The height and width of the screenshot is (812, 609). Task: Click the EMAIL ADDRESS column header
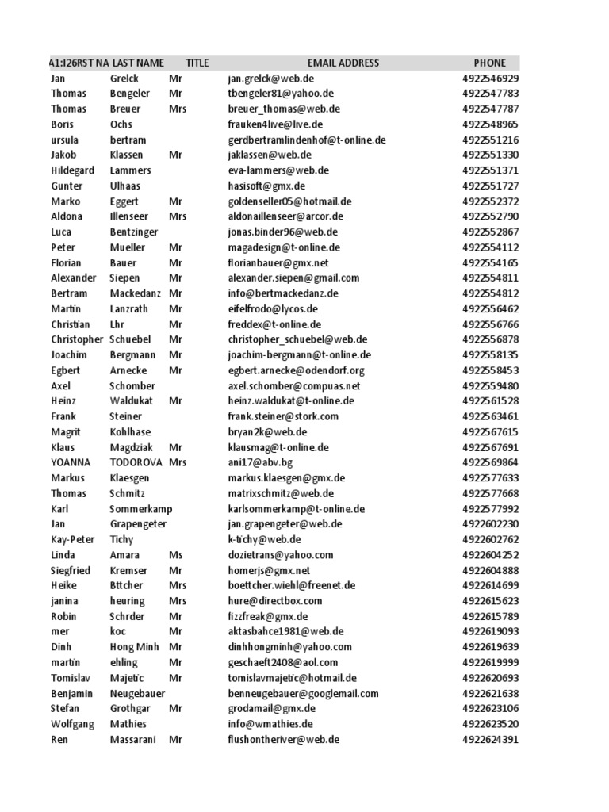[343, 63]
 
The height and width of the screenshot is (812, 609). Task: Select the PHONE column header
[489, 63]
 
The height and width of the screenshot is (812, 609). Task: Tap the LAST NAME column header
[138, 63]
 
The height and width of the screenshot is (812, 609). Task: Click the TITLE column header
[197, 63]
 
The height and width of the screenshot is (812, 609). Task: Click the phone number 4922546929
[490, 79]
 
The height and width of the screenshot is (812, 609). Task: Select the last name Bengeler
[130, 94]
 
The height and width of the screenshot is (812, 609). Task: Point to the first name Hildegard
[72, 170]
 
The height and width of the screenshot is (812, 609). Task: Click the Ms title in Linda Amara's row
[175, 555]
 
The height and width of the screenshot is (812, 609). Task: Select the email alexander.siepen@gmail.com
[293, 278]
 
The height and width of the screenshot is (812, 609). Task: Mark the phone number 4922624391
[490, 740]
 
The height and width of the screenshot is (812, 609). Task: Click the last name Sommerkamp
[141, 509]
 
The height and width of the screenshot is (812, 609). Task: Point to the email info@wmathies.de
[270, 724]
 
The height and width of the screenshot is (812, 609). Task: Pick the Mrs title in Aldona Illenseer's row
[178, 216]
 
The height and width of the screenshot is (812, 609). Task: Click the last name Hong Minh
[135, 647]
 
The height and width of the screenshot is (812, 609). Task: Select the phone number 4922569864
[490, 462]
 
